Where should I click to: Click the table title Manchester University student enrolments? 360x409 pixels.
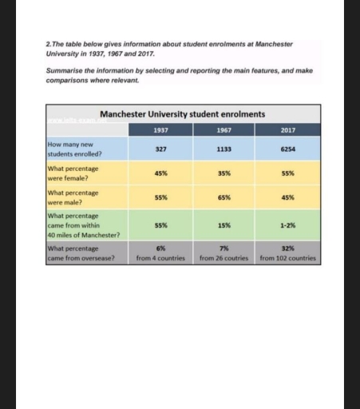183,114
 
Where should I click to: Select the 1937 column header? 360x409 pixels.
160,129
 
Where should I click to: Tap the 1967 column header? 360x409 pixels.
224,129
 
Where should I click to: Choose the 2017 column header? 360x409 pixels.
287,129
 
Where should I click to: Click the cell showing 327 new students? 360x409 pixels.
160,149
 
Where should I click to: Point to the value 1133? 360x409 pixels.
224,149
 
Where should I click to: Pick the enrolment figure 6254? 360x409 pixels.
287,149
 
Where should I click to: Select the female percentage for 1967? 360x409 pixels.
224,173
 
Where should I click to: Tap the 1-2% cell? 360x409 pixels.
287,225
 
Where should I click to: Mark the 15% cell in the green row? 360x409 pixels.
224,225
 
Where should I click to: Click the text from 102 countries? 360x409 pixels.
287,258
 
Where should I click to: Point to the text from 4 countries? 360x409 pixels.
160,258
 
